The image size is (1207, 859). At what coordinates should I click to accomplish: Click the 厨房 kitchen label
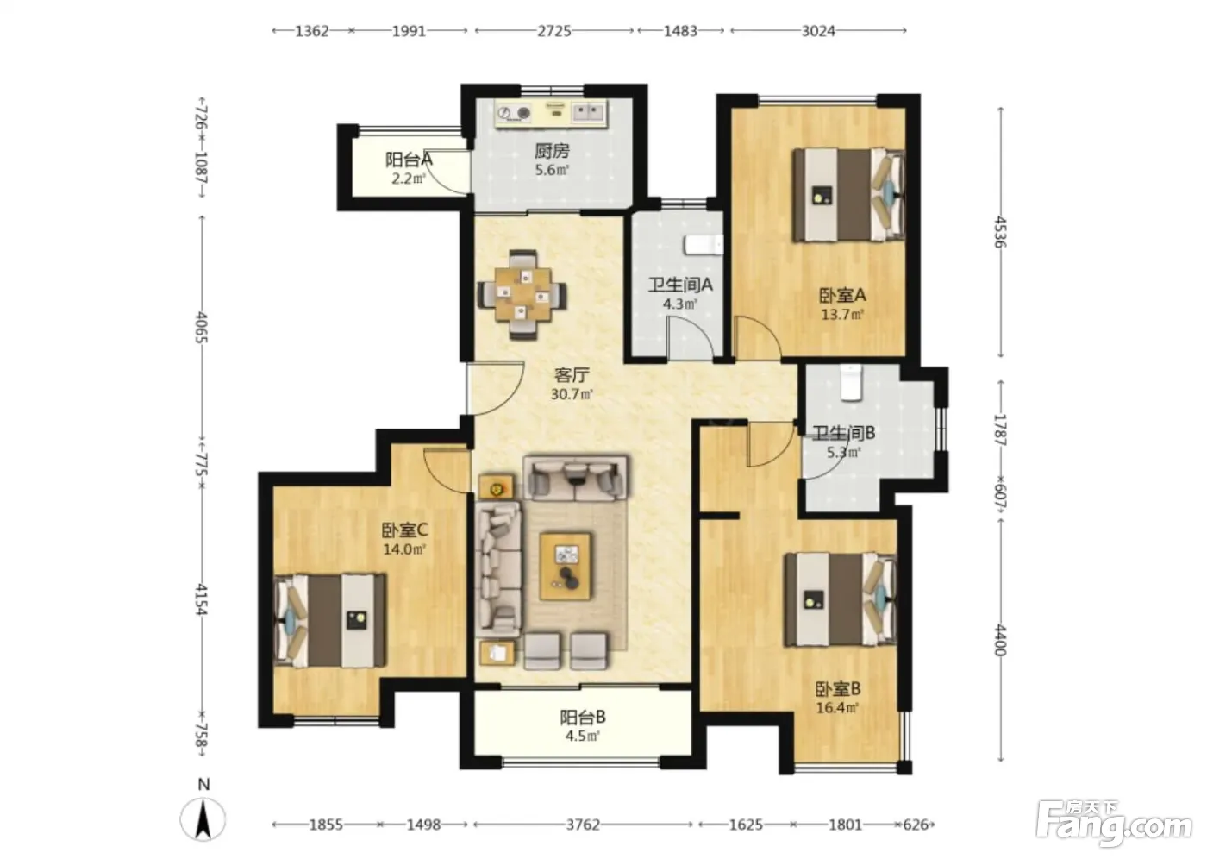pyautogui.click(x=552, y=151)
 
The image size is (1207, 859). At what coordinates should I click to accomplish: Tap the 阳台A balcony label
pyautogui.click(x=409, y=160)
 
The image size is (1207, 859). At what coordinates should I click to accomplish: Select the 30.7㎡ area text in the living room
pyautogui.click(x=572, y=394)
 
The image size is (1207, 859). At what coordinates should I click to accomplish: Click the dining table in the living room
pyautogui.click(x=522, y=295)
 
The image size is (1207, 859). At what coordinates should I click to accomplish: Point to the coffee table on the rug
pyautogui.click(x=566, y=567)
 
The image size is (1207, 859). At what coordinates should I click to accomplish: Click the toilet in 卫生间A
pyautogui.click(x=704, y=245)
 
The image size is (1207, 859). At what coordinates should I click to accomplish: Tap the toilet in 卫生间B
pyautogui.click(x=851, y=383)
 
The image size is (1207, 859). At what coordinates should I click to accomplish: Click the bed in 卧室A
pyautogui.click(x=848, y=195)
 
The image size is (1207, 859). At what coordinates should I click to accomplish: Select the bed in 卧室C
pyautogui.click(x=329, y=621)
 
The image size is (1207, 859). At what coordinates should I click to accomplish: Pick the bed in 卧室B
pyautogui.click(x=841, y=599)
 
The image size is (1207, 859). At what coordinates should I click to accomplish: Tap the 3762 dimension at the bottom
pyautogui.click(x=583, y=825)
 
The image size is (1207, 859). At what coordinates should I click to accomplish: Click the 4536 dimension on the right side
pyautogui.click(x=1000, y=232)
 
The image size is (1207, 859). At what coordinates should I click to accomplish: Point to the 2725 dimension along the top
pyautogui.click(x=553, y=31)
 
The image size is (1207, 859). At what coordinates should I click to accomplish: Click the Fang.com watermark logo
pyautogui.click(x=1113, y=825)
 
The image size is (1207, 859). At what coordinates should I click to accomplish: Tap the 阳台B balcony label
pyautogui.click(x=583, y=718)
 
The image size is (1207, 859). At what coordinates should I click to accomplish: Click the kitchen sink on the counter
pyautogui.click(x=588, y=113)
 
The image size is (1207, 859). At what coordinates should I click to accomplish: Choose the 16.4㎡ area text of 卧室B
pyautogui.click(x=837, y=707)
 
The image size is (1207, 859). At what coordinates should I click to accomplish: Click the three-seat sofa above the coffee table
pyautogui.click(x=577, y=478)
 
